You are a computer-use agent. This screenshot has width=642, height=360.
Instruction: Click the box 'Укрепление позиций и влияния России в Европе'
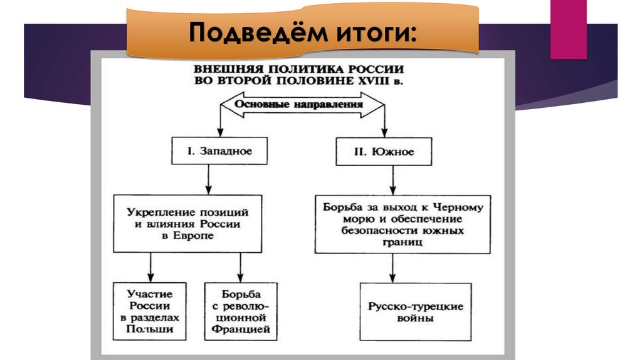coord(187,223)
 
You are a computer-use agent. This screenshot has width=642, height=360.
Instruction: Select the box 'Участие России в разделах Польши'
coord(150,311)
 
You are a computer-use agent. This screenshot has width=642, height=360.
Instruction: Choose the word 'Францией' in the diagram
coord(241,329)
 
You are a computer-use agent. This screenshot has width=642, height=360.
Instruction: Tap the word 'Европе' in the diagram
coord(187,236)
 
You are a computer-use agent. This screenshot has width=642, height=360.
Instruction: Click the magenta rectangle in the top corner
coord(568,29)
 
